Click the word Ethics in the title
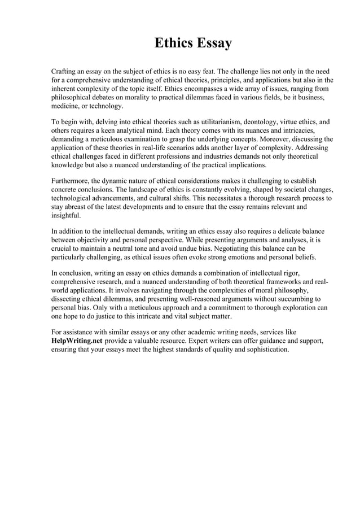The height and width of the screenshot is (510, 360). [173, 43]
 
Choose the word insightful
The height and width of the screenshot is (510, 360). [66, 216]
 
